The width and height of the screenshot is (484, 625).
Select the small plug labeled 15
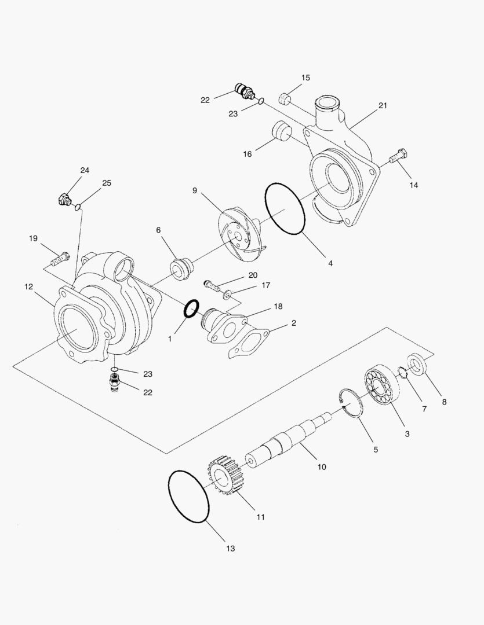[284, 97]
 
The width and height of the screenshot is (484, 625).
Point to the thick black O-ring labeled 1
[192, 309]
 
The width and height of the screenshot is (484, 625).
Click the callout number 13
[231, 549]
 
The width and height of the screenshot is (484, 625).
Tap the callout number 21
[383, 105]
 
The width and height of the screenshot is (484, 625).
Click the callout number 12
[29, 286]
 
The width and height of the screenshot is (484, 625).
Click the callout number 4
[330, 263]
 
